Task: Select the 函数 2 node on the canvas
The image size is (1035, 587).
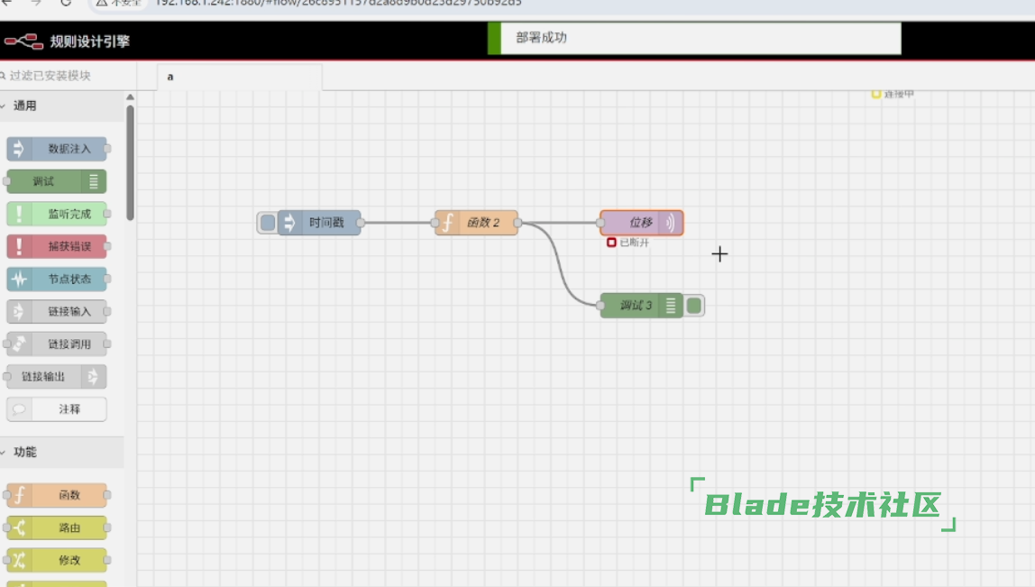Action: pyautogui.click(x=478, y=223)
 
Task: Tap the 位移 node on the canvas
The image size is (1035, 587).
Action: pyautogui.click(x=636, y=223)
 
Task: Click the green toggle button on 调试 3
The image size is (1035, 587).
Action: pyautogui.click(x=693, y=306)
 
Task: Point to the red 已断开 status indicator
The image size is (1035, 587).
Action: pyautogui.click(x=612, y=243)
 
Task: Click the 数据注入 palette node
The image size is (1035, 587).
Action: pyautogui.click(x=58, y=149)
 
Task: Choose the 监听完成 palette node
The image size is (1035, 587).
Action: pyautogui.click(x=58, y=214)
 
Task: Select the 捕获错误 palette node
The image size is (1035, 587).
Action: pyautogui.click(x=58, y=246)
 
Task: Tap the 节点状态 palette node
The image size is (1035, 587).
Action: pyautogui.click(x=58, y=279)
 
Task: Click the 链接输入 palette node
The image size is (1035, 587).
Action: pyautogui.click(x=58, y=311)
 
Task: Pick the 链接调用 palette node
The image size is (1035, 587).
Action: pyautogui.click(x=58, y=344)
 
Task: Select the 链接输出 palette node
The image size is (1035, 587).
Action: pyautogui.click(x=58, y=376)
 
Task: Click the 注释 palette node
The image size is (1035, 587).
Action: pyautogui.click(x=58, y=409)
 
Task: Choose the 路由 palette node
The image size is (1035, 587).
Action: pyautogui.click(x=58, y=527)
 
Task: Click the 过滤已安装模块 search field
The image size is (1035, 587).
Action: pyautogui.click(x=69, y=76)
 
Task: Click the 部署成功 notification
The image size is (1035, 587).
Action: pyautogui.click(x=694, y=38)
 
